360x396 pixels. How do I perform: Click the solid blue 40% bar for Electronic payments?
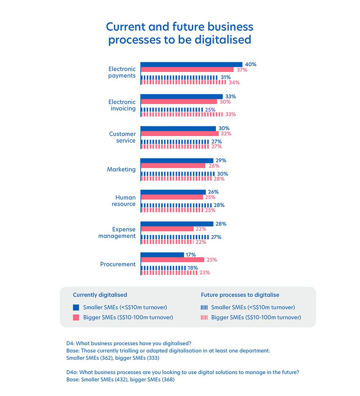[x=191, y=64]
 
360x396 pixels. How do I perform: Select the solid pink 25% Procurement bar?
[x=172, y=260]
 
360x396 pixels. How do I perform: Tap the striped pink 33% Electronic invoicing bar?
[x=181, y=114]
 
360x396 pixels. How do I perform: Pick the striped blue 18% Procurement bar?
[x=163, y=268]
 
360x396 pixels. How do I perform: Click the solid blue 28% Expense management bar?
[x=177, y=224]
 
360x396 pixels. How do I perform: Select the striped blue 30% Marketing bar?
[x=177, y=174]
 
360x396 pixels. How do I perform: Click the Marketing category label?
[x=121, y=169]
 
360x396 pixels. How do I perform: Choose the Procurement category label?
[x=118, y=264]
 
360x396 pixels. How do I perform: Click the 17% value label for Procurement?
[x=190, y=255]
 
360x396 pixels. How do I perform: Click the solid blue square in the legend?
[x=76, y=307]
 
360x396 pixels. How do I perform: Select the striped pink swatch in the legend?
[x=204, y=318]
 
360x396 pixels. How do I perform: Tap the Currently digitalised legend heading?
[x=100, y=295]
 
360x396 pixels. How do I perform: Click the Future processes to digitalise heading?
[x=240, y=295]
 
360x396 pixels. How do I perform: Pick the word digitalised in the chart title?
[x=223, y=39]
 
